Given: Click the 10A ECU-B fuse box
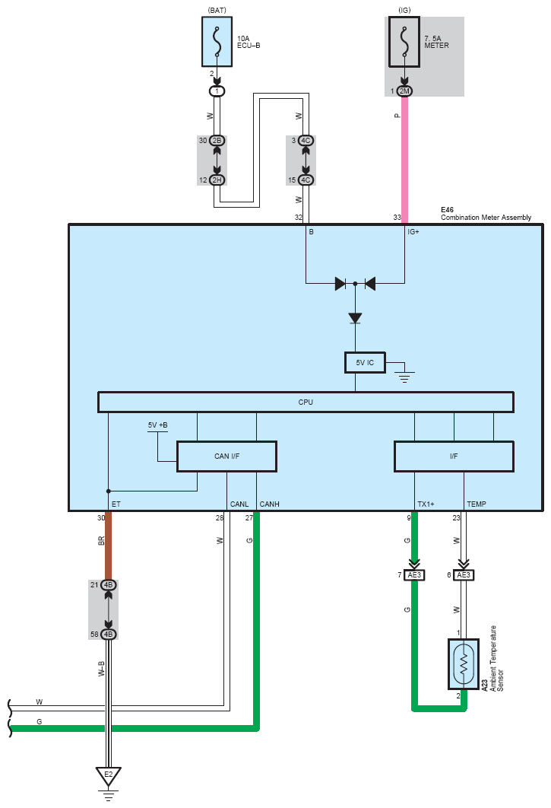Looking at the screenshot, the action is [x=217, y=42].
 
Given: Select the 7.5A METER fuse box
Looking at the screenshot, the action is [x=404, y=42].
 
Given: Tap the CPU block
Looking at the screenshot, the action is [x=306, y=402].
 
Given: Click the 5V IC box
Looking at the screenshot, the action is [x=365, y=362].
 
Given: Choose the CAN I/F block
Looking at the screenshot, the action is [x=226, y=456].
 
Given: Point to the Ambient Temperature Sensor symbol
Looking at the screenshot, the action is [x=464, y=664].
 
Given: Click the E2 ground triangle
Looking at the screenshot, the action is [x=108, y=776].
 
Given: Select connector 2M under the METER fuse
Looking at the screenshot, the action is [x=405, y=91].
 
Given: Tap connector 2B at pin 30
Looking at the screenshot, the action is [x=217, y=140].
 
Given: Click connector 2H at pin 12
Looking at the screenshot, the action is [x=217, y=180].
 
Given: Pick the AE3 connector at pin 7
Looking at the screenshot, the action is [x=414, y=575].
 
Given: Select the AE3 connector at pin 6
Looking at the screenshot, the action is [x=464, y=575].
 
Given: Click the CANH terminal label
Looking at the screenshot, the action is [x=269, y=504].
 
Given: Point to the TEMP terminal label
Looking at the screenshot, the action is [x=477, y=504].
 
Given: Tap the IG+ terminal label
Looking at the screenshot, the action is [x=413, y=232].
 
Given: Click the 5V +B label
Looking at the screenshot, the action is [x=157, y=425].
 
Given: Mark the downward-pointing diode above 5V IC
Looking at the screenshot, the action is [x=355, y=319].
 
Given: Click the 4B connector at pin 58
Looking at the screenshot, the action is [x=108, y=635].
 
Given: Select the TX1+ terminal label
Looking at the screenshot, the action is [x=426, y=504].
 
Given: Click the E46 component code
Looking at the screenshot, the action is [x=447, y=210].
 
